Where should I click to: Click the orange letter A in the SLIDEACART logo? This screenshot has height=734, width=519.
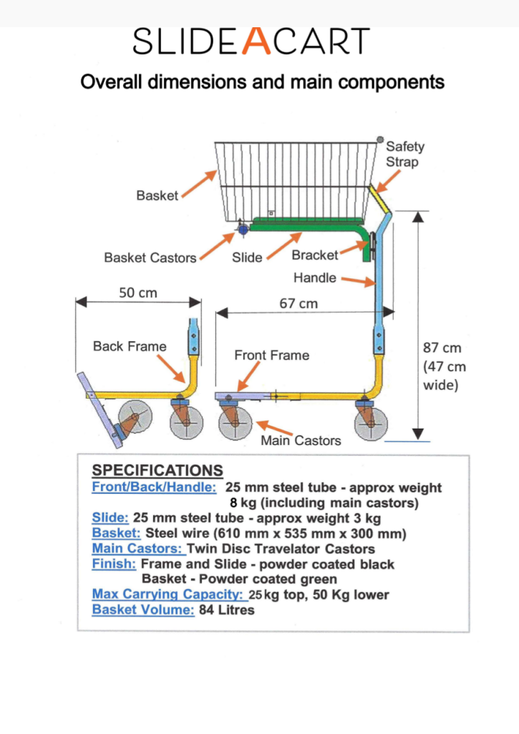point(256,42)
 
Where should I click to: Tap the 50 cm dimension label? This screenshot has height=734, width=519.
point(137,292)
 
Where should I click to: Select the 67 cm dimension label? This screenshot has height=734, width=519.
point(299,303)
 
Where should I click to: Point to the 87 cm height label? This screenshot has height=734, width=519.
point(442,348)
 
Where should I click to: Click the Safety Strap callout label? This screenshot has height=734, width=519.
point(404,154)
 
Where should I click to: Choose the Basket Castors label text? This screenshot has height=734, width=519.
point(150,257)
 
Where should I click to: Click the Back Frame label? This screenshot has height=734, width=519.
point(130,346)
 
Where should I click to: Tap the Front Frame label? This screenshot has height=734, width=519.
point(272,355)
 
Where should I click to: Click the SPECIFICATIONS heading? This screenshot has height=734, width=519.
point(157,471)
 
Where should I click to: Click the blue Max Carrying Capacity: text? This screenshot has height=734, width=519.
point(169,594)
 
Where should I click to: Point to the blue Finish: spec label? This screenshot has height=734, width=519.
point(114,564)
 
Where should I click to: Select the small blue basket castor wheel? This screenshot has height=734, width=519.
point(243,229)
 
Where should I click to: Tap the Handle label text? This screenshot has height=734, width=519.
point(314,277)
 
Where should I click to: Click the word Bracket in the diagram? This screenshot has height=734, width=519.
point(315,255)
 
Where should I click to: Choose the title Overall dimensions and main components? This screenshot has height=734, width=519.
point(262,82)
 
